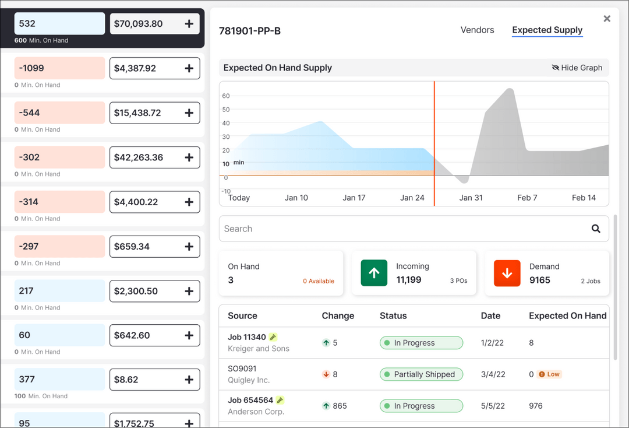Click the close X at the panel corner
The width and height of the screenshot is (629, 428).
pos(607,19)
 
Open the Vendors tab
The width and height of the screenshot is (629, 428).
pos(477,30)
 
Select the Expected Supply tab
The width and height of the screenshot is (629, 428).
pos(547,30)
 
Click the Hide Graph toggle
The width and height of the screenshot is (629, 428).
pos(577,68)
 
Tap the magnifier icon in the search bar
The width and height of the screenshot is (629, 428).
pos(596,229)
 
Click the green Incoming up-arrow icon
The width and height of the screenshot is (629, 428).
pos(374,273)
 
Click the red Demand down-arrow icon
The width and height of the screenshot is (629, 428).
pos(507,273)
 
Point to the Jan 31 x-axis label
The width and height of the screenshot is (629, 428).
pos(471,198)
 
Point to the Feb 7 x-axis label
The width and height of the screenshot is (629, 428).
pos(527,198)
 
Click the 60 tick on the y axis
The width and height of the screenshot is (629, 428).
pos(226,96)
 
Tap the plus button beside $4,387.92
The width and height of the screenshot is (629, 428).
pos(189,68)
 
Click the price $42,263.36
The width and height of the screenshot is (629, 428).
pos(139,157)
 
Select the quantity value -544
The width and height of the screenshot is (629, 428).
pos(30,113)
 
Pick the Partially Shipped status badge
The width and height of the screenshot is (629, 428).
pos(421,374)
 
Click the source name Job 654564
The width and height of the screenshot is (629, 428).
pos(250,400)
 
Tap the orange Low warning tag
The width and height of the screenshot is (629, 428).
pos(549,374)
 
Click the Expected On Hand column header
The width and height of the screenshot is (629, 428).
pos(567,315)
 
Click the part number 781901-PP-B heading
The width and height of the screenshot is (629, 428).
pos(250,31)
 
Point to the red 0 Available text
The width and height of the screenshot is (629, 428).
pos(318,281)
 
